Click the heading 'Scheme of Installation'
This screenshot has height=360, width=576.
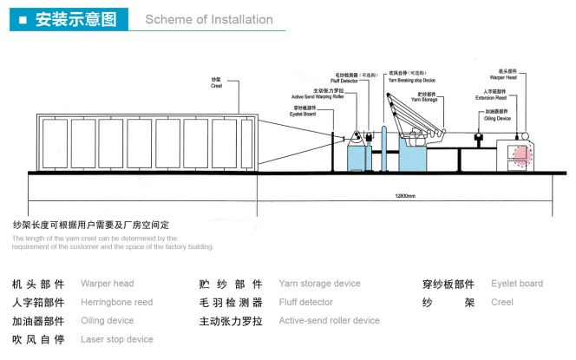208,19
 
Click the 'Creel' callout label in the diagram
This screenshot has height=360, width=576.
217,86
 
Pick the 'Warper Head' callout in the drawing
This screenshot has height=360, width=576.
506,77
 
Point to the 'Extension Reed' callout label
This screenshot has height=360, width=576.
503,97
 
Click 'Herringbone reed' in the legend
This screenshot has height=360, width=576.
116,302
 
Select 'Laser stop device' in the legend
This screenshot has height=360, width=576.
116,339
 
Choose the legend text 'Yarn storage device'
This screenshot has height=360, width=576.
319,283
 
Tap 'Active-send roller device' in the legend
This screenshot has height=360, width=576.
329,320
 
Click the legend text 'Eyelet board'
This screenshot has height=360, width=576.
517,283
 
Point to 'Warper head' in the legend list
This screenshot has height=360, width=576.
107,283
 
